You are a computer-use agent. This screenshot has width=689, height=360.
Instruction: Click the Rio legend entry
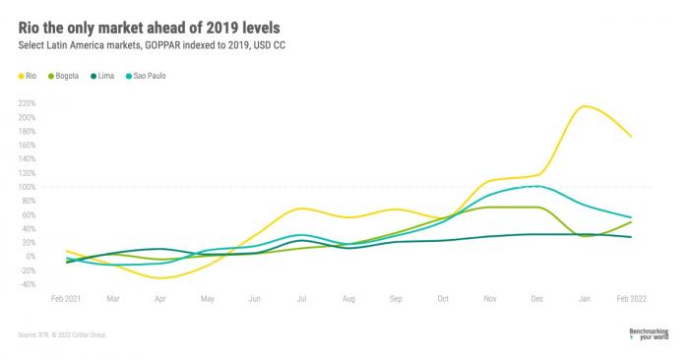(32, 76)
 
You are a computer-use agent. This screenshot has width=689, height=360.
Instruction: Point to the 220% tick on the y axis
(27, 103)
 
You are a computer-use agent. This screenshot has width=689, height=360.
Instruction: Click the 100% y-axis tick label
(27, 187)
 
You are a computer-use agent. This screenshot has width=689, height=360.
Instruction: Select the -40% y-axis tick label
(27, 284)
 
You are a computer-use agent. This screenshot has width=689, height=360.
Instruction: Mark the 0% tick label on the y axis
(31, 257)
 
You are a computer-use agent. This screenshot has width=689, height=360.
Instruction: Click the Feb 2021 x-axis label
(66, 297)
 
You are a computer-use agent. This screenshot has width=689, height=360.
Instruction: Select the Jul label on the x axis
(301, 297)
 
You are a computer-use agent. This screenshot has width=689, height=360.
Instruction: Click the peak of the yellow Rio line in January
(587, 106)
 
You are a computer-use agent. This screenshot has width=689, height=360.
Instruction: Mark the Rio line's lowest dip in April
(160, 278)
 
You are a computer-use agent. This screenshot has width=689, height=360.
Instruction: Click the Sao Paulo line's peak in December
(532, 185)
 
